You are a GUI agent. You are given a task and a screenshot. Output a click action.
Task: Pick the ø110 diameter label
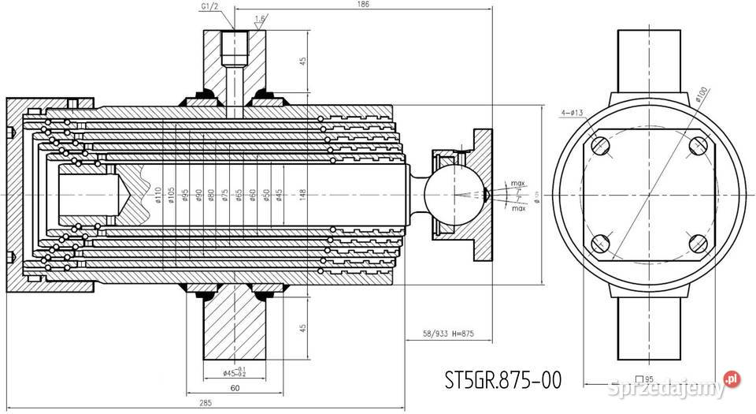158,194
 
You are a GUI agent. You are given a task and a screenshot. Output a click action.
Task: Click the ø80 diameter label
212,194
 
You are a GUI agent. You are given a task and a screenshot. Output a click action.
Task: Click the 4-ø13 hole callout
573,112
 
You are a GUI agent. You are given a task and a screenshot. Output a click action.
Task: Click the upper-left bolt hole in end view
600,147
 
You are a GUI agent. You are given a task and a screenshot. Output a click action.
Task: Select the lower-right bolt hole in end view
698,243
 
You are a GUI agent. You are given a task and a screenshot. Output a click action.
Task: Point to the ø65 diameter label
239,194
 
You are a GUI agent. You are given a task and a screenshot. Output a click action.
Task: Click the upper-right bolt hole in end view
698,147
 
